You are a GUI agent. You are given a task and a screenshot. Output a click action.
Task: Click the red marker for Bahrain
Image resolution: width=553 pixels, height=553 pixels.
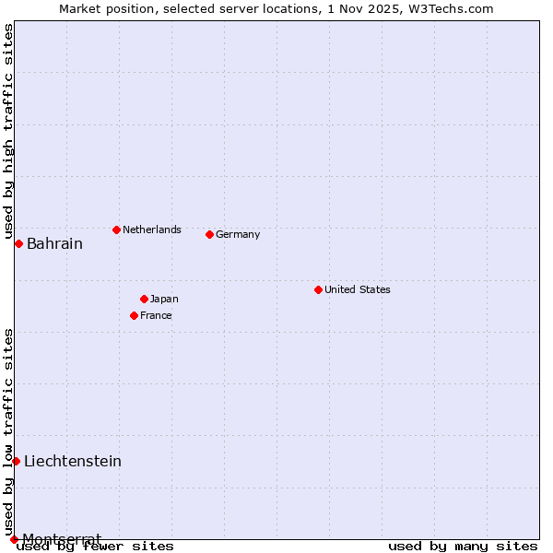point(18,243)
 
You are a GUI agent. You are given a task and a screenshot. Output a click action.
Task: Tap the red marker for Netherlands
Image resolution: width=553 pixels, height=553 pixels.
point(116,229)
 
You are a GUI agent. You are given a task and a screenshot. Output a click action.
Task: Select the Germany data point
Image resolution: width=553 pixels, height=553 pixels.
point(209,234)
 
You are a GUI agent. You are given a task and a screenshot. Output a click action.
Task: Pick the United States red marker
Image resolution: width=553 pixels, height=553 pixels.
point(318,289)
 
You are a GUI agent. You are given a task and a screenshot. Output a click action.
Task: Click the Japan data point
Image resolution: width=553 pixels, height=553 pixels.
point(144,299)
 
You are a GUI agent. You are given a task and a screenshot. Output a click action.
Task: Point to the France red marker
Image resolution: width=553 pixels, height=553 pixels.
point(134,315)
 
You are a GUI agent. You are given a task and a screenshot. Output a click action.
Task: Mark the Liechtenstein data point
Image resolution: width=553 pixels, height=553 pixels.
point(16,461)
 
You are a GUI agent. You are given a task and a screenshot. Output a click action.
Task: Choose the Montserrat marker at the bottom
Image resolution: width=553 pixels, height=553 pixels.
point(14,539)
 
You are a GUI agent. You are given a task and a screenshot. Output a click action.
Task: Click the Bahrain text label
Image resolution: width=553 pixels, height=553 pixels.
point(54,244)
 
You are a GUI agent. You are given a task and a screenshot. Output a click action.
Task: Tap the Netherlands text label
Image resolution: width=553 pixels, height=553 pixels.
point(152,229)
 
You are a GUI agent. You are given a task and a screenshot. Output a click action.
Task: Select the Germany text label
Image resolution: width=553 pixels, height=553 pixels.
point(238,234)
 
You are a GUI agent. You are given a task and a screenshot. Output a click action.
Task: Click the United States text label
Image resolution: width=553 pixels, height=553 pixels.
point(358,289)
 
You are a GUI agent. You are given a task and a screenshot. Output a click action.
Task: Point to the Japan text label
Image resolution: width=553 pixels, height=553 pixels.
point(164,299)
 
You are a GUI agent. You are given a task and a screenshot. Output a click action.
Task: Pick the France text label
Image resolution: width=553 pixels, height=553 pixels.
point(156,315)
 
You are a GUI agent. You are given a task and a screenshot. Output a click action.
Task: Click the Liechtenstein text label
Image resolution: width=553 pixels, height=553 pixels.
point(73,462)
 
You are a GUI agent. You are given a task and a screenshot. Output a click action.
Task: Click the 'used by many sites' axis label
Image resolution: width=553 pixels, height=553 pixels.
point(463,546)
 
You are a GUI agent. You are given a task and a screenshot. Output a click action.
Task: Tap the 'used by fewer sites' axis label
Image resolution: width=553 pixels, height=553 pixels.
point(96,546)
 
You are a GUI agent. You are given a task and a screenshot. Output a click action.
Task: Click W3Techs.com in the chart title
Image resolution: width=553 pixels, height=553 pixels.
point(457,8)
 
